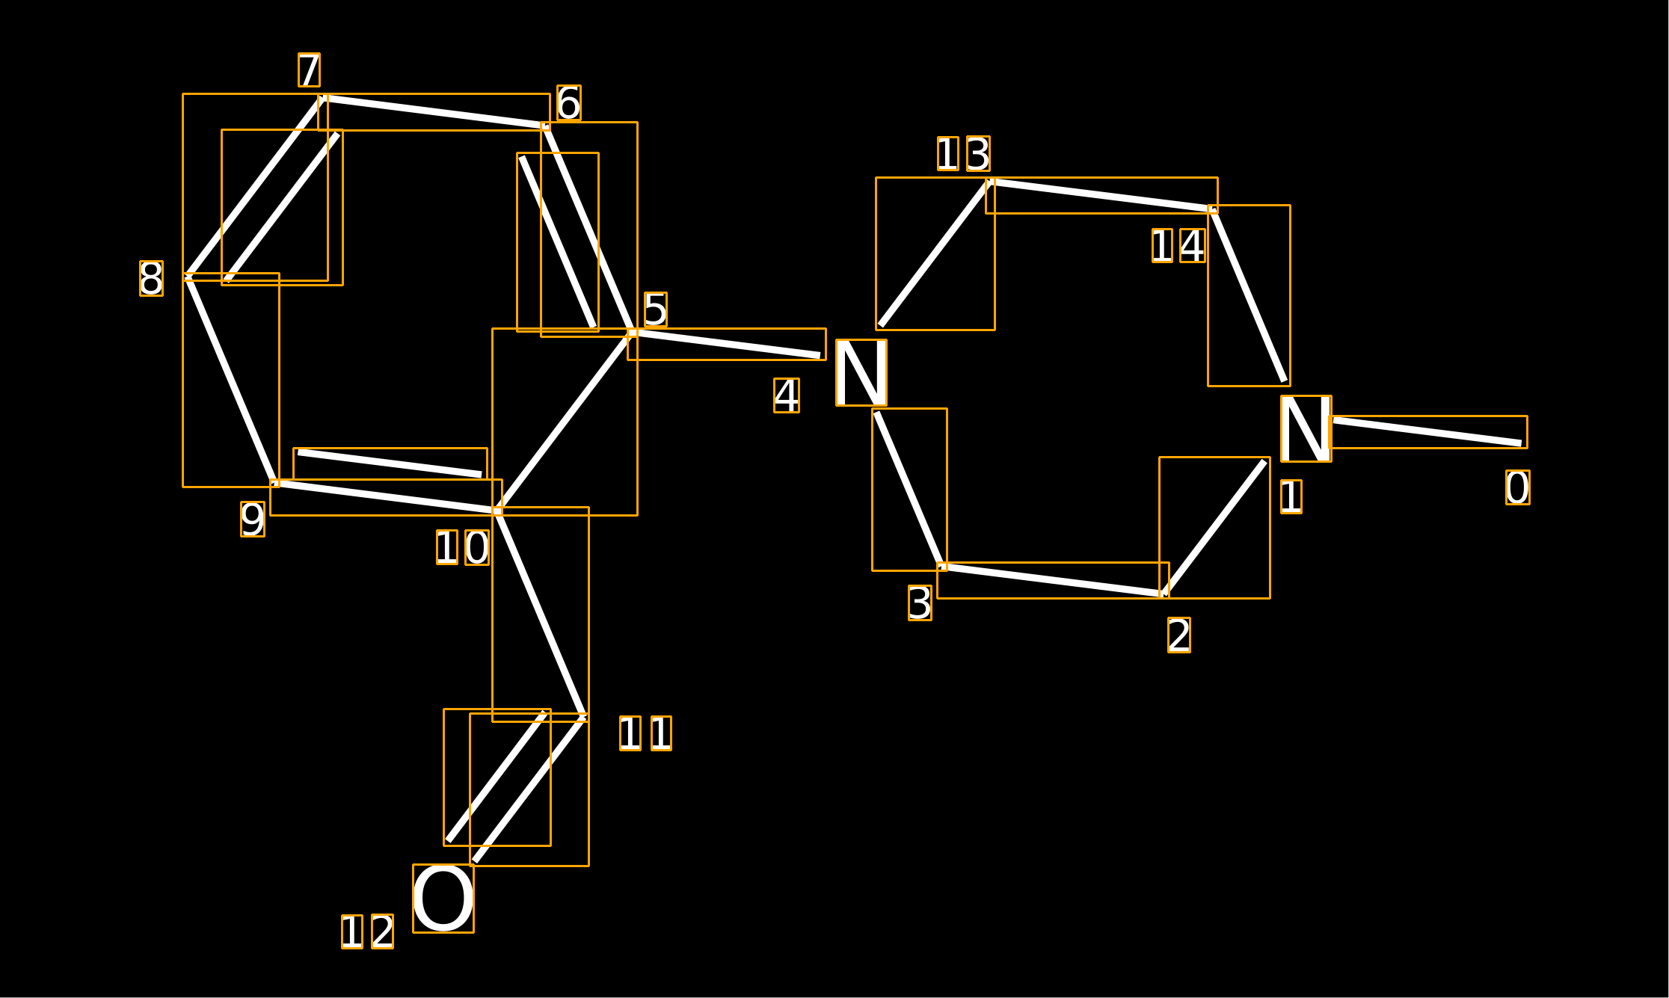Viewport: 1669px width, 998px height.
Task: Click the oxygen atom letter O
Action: tap(443, 899)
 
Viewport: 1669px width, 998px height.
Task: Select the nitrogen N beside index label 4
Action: tap(861, 372)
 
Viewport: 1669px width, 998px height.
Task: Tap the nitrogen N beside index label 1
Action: tap(1306, 428)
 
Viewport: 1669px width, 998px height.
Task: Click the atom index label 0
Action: tap(1517, 487)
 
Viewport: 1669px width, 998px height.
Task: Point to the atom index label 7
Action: tap(309, 70)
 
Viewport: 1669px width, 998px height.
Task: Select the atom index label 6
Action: tap(568, 103)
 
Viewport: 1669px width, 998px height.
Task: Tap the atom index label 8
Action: tap(151, 279)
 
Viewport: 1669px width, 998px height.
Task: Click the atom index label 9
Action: tap(253, 519)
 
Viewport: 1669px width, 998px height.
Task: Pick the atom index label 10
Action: tap(463, 547)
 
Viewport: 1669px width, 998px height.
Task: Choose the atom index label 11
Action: tap(645, 733)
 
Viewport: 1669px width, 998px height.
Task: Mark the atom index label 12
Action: tap(367, 931)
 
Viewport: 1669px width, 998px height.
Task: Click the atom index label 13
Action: tap(963, 154)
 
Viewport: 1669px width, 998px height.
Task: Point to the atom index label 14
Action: tap(1178, 246)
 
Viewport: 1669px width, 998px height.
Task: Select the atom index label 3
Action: tap(920, 603)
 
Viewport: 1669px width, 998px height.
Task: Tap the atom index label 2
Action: tap(1178, 635)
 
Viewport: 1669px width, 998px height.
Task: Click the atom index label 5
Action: tap(655, 309)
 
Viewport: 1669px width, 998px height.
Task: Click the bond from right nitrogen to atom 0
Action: tap(1427, 432)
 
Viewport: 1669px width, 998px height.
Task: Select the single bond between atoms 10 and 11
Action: tap(540, 614)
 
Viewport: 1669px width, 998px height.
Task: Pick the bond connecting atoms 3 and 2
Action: tap(1052, 580)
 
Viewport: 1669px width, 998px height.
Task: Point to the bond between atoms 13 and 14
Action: tap(1101, 195)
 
